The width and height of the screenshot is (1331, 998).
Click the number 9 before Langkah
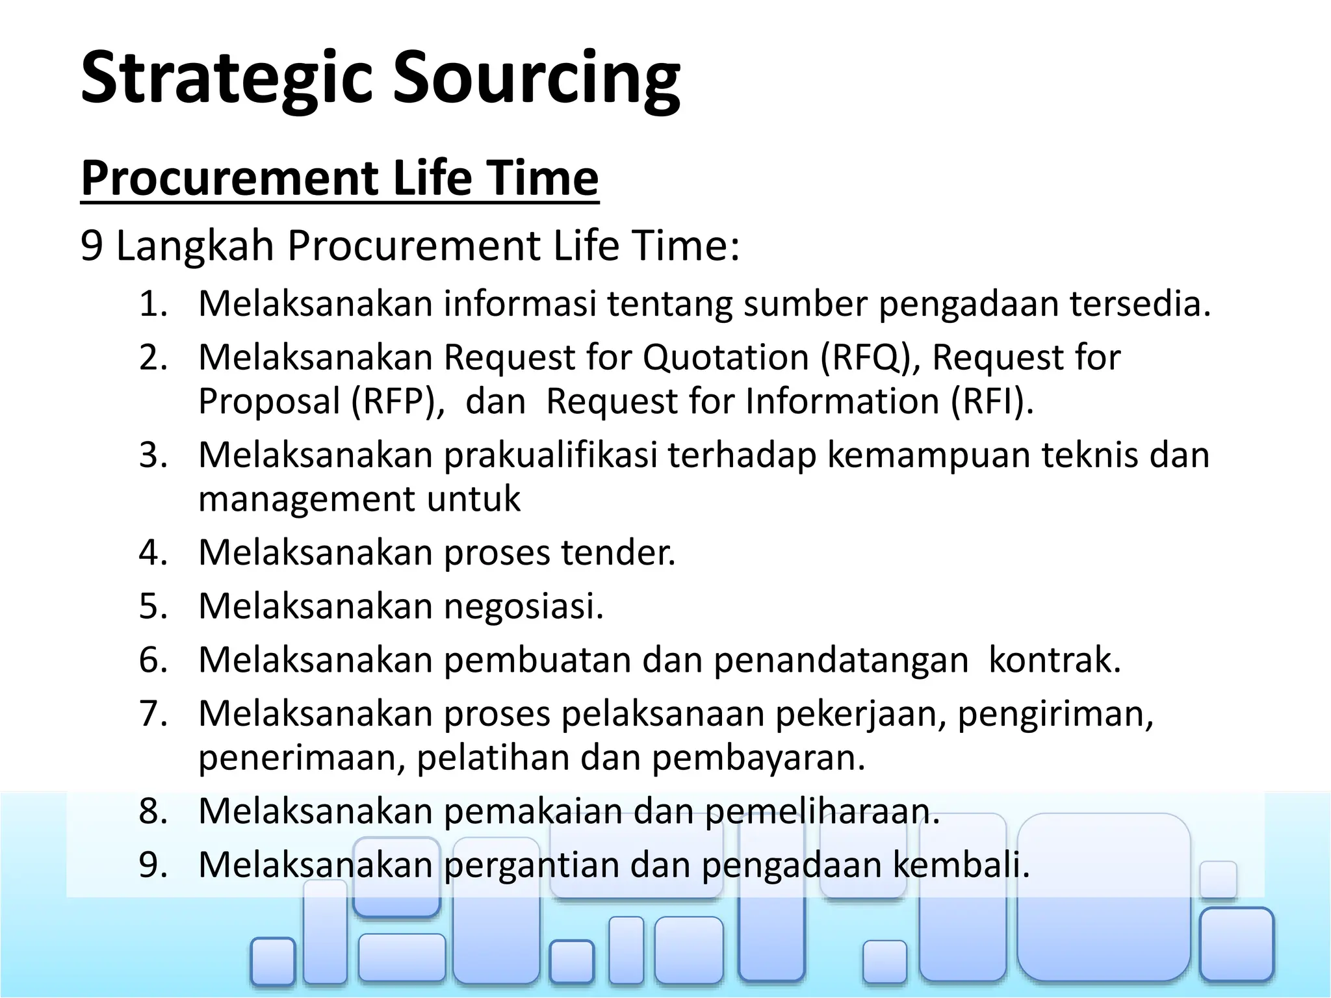tap(92, 246)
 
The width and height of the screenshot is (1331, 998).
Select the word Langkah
tap(195, 246)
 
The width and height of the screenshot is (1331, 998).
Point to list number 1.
tap(153, 303)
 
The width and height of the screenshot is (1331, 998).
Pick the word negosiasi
tap(524, 606)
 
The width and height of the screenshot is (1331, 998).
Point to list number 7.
tap(153, 713)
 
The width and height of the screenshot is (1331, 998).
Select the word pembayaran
tap(758, 758)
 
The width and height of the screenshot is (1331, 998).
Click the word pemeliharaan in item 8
tap(822, 812)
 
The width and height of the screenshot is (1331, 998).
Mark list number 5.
tap(153, 606)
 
